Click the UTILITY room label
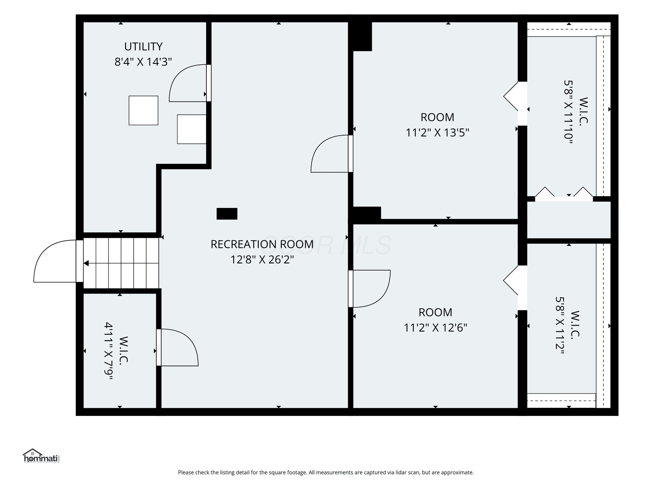[x=143, y=47]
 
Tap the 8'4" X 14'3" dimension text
[x=143, y=62]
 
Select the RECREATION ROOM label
[x=262, y=244]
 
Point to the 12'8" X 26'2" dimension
[x=262, y=260]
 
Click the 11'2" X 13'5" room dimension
[x=437, y=133]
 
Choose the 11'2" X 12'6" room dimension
[x=435, y=328]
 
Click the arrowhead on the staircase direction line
[x=86, y=263]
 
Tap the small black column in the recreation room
[x=227, y=214]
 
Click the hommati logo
[x=41, y=456]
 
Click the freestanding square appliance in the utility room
[x=143, y=111]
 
